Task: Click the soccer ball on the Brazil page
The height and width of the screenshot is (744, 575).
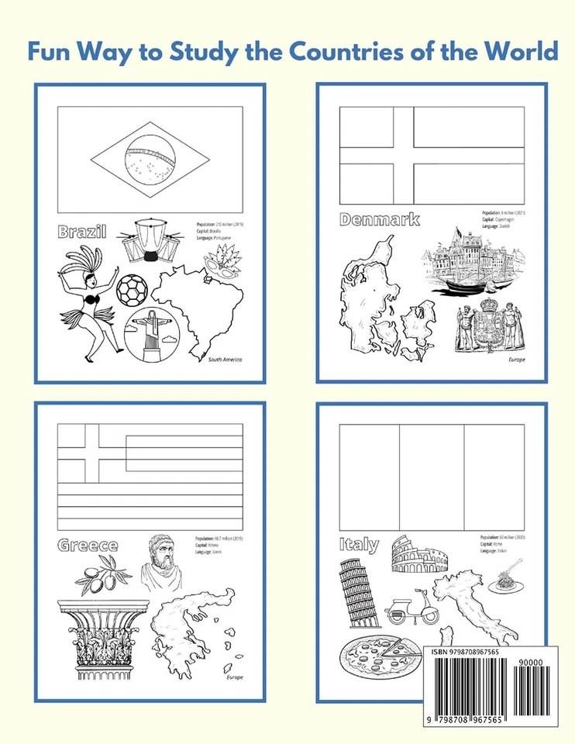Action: [132, 290]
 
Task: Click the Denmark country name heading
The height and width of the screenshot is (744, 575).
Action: [380, 219]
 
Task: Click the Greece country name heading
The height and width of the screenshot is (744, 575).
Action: [88, 546]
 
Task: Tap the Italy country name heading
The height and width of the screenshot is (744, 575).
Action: [359, 544]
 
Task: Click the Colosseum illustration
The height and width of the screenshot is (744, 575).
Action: [419, 555]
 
